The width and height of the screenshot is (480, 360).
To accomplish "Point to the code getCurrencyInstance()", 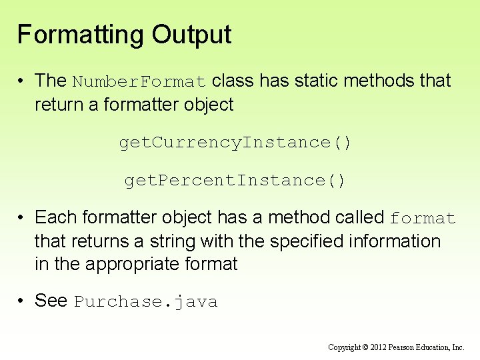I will (x=235, y=142).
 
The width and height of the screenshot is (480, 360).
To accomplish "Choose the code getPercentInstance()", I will (x=235, y=180).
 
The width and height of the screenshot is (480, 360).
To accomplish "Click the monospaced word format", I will (x=423, y=219).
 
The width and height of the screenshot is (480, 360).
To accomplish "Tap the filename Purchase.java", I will (x=145, y=302).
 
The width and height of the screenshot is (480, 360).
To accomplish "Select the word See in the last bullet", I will (x=51, y=301).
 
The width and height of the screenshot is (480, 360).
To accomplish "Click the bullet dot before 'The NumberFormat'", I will (x=23, y=81).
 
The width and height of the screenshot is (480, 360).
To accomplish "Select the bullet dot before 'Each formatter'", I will (x=23, y=218).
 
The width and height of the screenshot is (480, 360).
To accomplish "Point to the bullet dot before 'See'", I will (x=23, y=301).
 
